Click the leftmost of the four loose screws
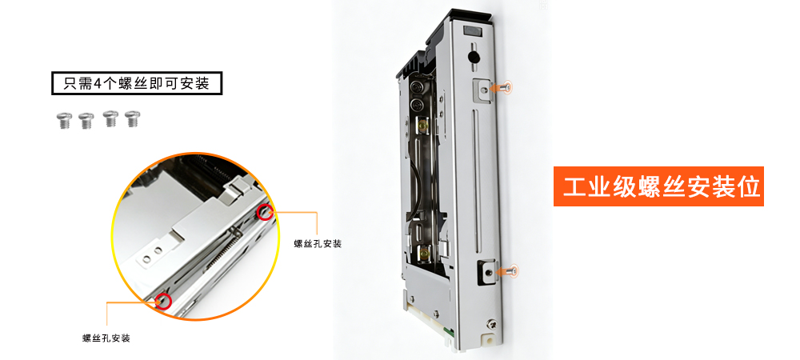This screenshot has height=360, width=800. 63,120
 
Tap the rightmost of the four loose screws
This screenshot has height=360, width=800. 133,118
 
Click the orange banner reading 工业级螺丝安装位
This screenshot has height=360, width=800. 658,186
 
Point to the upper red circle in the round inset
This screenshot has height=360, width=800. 264,212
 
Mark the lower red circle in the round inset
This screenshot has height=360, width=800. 163,302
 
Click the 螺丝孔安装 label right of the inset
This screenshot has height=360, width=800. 318,244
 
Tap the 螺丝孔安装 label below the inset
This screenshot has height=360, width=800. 106,338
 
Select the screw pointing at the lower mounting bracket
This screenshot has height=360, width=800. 507,271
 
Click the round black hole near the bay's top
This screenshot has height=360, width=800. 474,57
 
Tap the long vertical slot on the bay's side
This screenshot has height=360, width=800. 477,180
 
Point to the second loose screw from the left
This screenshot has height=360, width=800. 86,121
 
